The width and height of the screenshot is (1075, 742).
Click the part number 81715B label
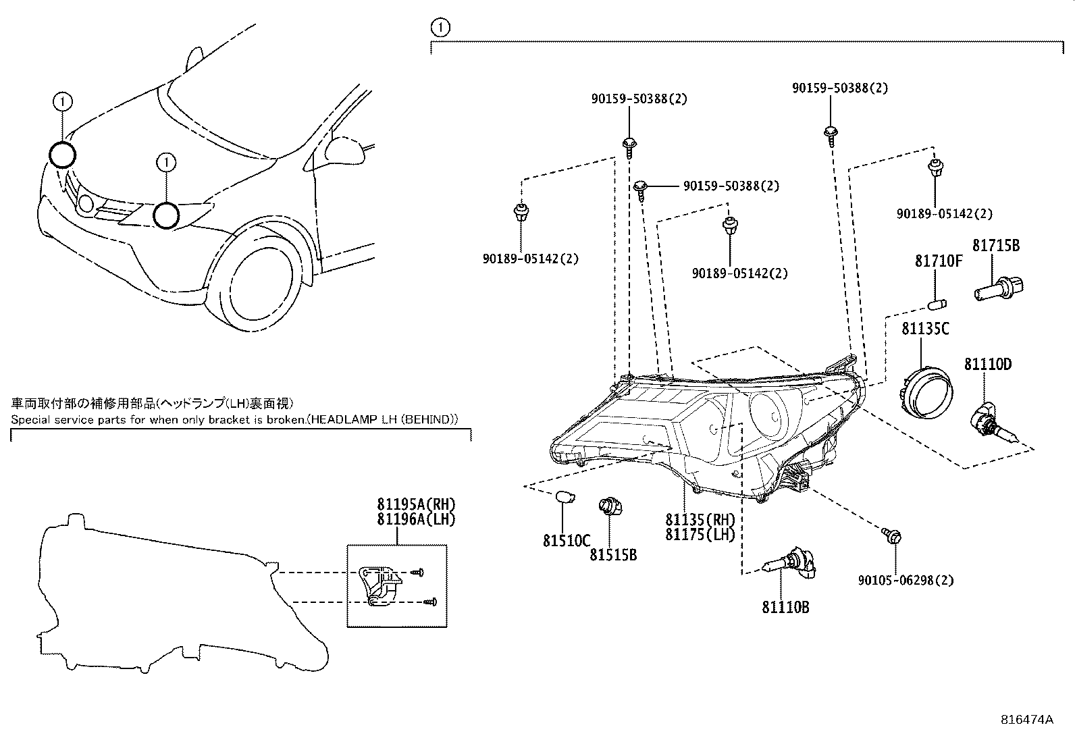click(x=996, y=246)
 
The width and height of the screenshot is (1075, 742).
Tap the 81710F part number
click(x=938, y=261)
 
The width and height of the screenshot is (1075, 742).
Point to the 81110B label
click(x=785, y=607)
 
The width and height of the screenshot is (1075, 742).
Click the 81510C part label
click(x=566, y=540)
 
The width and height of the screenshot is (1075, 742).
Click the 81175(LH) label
click(x=700, y=534)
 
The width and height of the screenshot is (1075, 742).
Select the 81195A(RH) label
click(x=417, y=504)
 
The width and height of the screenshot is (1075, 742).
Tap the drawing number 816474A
click(x=1026, y=720)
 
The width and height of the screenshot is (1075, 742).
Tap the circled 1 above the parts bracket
click(x=440, y=28)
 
